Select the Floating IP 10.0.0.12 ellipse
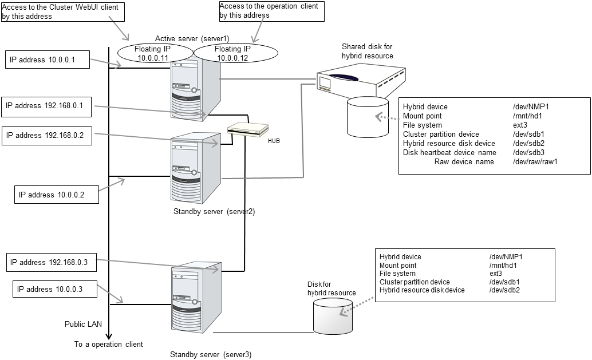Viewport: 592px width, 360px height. point(236,53)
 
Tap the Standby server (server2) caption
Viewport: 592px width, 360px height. point(214,211)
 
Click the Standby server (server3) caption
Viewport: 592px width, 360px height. point(211,354)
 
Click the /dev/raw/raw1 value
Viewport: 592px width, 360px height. point(535,162)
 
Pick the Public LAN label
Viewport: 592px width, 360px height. point(83,324)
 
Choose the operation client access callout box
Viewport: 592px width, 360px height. point(270,11)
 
